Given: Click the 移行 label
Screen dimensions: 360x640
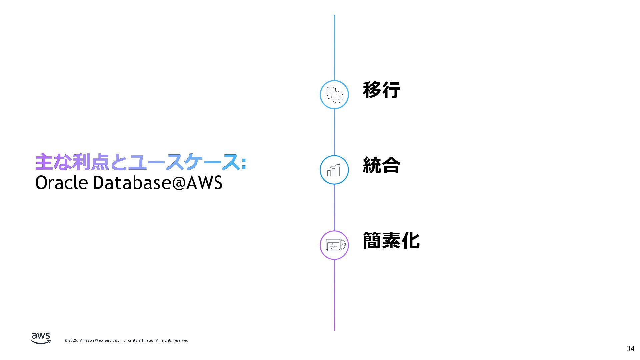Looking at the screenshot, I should coord(381,90).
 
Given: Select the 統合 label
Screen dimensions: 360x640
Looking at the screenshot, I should coord(381,165).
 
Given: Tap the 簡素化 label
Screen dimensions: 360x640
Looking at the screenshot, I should coord(391,240).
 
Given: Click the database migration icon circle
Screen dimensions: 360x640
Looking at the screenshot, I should coord(334,95).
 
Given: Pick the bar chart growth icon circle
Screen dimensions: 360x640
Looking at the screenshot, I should coord(334,170).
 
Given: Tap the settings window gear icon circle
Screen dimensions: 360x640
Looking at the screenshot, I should coord(334,245).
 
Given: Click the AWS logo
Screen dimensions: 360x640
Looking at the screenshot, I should coord(41,338).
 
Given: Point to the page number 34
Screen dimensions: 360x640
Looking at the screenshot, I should coord(630,348).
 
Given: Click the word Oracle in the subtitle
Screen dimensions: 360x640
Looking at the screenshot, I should coord(61,183).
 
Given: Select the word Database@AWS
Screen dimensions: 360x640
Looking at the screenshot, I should coord(157,183).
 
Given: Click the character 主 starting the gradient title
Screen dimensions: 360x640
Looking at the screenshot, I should coord(44,162).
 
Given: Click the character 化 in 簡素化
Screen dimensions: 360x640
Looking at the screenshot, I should coord(410,240).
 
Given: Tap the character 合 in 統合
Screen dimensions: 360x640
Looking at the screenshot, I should coord(391,165).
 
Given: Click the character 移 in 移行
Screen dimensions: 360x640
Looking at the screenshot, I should coord(372,90).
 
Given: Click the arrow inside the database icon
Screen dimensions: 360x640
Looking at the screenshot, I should coord(338,97).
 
